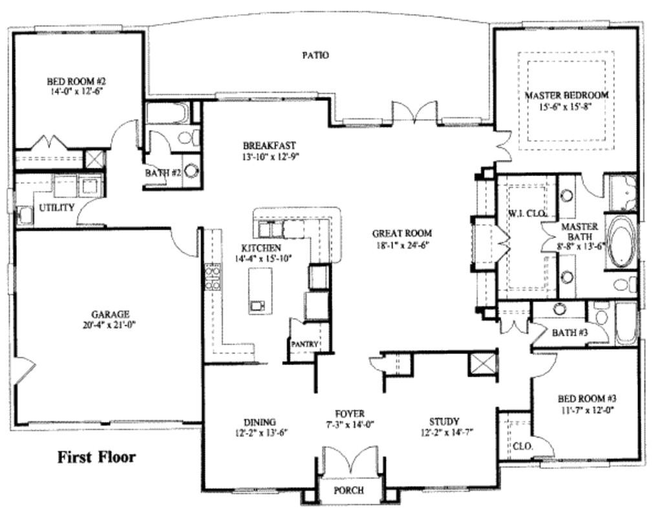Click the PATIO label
(316, 56)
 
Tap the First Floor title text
(97, 458)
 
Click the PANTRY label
(304, 344)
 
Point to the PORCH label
(348, 490)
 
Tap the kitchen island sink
(257, 305)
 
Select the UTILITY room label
(57, 207)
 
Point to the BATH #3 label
(570, 333)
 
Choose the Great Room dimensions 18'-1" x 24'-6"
(401, 245)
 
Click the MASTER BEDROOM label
(566, 95)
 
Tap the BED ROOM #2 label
(76, 82)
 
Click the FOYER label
(350, 414)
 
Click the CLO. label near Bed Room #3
(522, 445)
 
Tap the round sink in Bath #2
(192, 171)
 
